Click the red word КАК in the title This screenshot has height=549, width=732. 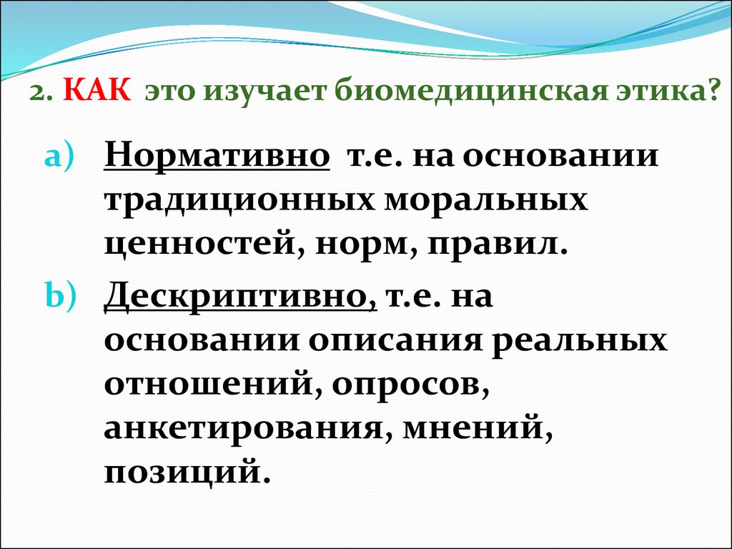click(x=97, y=89)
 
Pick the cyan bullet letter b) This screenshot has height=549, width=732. click(x=60, y=295)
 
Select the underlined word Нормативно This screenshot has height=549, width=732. click(x=217, y=155)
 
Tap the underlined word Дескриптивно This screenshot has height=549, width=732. click(x=240, y=296)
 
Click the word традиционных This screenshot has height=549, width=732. click(x=239, y=202)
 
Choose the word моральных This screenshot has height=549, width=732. click(x=485, y=201)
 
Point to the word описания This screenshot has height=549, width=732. click(x=394, y=339)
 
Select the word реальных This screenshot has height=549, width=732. click(x=579, y=340)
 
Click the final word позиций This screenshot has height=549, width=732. click(x=187, y=472)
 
